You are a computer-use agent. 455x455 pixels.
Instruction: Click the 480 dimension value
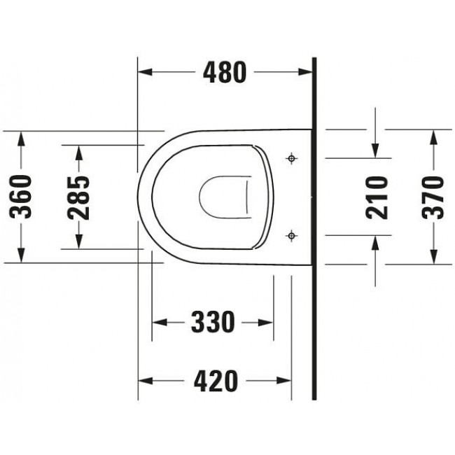coord(224,71)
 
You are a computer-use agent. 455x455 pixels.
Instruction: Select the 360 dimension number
coord(23,197)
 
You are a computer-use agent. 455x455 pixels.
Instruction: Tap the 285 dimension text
coord(80,197)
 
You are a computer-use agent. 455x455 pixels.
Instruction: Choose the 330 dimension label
coord(212,323)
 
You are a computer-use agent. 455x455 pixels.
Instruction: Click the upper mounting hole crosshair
coord(292,159)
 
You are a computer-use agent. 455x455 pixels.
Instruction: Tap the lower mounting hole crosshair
coord(292,235)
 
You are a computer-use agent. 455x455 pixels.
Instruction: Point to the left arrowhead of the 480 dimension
coord(144,71)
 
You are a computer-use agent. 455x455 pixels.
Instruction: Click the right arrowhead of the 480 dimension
coord(305,71)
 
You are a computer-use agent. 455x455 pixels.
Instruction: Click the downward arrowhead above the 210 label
coord(377,150)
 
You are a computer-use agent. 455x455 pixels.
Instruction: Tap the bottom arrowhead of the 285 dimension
coord(80,241)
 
